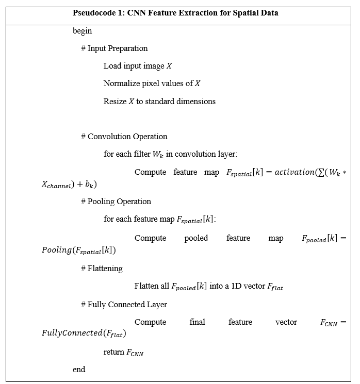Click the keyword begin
click(82, 31)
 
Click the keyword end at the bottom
click(79, 369)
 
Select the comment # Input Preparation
click(114, 48)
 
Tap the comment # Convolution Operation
click(124, 137)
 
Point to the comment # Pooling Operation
click(116, 202)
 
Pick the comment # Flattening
click(102, 269)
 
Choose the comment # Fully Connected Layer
click(124, 305)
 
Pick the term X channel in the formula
click(58, 184)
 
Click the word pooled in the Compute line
click(196, 238)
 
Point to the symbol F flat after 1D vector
click(275, 287)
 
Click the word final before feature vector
click(197, 322)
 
